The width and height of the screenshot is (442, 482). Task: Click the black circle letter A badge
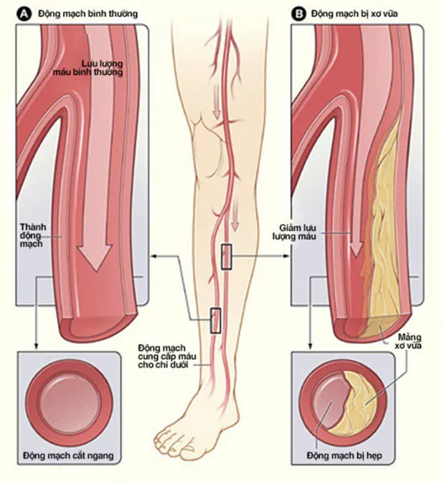[x=24, y=14]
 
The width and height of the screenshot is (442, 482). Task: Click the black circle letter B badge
[x=298, y=14]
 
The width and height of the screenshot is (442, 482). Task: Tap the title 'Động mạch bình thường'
[x=88, y=14]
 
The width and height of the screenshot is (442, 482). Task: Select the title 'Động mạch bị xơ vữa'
[x=354, y=14]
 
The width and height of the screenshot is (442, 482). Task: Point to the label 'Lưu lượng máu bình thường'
[x=88, y=68]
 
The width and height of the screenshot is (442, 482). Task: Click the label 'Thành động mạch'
[x=33, y=235]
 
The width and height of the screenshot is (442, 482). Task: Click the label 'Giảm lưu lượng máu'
[x=294, y=232]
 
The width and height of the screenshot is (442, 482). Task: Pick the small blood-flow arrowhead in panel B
[x=357, y=251]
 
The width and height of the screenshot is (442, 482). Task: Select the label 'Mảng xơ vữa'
[x=408, y=341]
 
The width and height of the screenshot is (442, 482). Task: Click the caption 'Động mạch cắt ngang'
[x=68, y=455]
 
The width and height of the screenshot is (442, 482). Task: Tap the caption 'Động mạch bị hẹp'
[x=344, y=455]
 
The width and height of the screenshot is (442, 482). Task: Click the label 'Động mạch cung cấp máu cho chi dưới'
[x=166, y=356]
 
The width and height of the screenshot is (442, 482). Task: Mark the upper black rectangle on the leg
[x=226, y=257]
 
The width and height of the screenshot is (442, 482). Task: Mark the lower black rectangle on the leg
[x=216, y=320]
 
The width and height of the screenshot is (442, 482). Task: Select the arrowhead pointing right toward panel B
[x=286, y=256]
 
